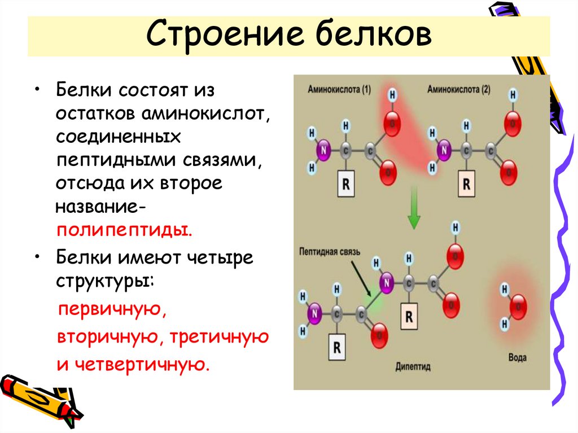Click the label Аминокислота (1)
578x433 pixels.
(339, 89)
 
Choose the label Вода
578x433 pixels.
(518, 358)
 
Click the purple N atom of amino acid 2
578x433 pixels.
(444, 151)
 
